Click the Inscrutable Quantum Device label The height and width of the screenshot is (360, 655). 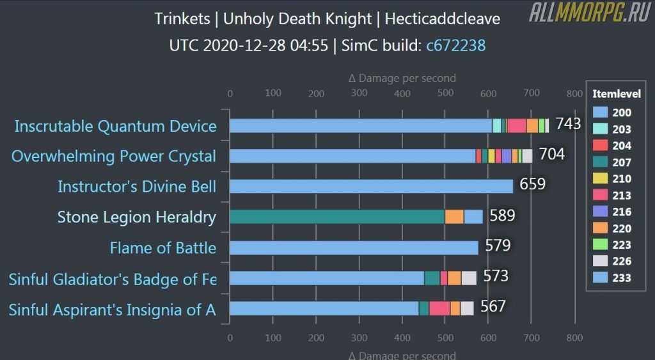(115, 126)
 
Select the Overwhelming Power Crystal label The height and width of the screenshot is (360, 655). (114, 156)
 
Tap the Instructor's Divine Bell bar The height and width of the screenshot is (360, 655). (371, 186)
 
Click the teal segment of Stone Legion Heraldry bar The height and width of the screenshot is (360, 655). (336, 217)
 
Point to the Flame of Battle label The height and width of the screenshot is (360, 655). (162, 247)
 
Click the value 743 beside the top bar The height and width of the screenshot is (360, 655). (568, 123)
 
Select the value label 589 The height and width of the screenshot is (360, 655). (502, 215)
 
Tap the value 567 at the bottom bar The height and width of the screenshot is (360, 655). (493, 306)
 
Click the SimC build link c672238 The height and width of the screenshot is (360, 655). (456, 45)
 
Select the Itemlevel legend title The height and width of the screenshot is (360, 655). (616, 93)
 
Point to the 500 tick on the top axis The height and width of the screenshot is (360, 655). (445, 93)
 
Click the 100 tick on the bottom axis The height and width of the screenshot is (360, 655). (273, 338)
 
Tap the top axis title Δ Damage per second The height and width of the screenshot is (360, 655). (402, 78)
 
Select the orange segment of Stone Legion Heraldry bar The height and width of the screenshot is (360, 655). (454, 217)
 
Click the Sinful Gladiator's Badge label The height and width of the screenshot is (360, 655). (112, 279)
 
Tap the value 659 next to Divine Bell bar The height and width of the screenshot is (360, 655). (532, 184)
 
